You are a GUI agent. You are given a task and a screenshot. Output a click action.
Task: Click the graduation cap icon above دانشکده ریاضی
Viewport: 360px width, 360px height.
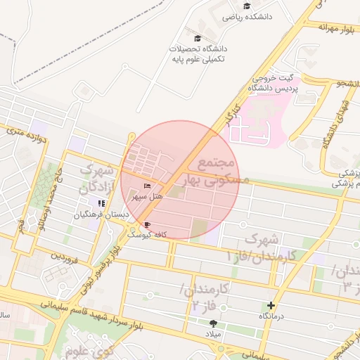[x=247, y=6]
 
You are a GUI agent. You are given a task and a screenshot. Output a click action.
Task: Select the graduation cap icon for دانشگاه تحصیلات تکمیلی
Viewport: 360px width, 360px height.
[x=197, y=38]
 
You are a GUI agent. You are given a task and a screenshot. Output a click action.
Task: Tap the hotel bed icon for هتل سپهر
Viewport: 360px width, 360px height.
[x=147, y=186]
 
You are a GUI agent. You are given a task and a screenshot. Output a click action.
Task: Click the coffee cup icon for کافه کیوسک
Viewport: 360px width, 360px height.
[x=147, y=225]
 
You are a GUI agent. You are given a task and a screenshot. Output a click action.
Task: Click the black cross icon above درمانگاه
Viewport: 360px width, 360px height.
[x=271, y=305]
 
